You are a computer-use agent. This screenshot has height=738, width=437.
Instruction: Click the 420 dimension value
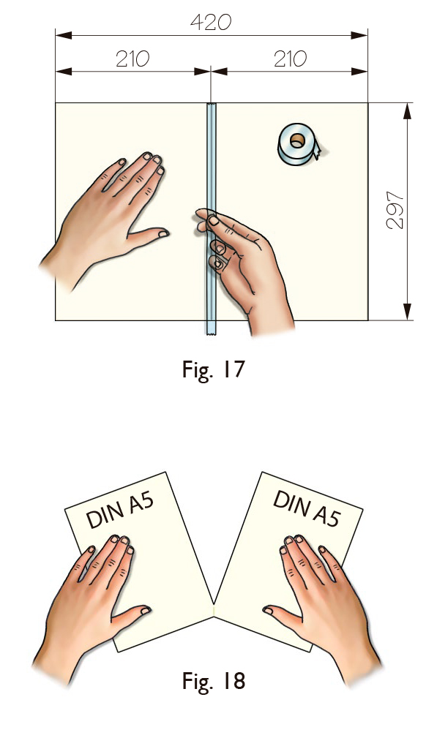211,22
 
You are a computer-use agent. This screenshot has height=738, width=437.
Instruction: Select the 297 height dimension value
395,211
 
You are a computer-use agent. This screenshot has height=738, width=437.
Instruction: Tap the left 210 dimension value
132,59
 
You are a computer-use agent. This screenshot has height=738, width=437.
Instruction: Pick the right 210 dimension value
290,59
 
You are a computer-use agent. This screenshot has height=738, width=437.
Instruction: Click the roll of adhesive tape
299,144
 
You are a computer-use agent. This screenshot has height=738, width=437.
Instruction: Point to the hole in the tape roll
297,140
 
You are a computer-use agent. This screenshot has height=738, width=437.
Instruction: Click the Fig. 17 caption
213,369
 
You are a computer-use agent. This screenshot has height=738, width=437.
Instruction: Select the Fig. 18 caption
213,680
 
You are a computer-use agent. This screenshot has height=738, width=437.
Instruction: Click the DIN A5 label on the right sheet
306,508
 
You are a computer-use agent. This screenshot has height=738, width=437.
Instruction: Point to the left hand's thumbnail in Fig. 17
163,233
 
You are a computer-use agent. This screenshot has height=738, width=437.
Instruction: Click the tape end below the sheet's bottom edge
212,328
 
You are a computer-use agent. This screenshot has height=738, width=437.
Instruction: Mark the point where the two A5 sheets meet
214,604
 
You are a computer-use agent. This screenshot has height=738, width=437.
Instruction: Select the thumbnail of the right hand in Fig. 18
268,610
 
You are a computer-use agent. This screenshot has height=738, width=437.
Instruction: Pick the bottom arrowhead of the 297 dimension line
407,312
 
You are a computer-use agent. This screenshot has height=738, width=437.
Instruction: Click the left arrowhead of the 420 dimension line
64,35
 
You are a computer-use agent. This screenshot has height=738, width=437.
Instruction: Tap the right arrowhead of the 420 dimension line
359,35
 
